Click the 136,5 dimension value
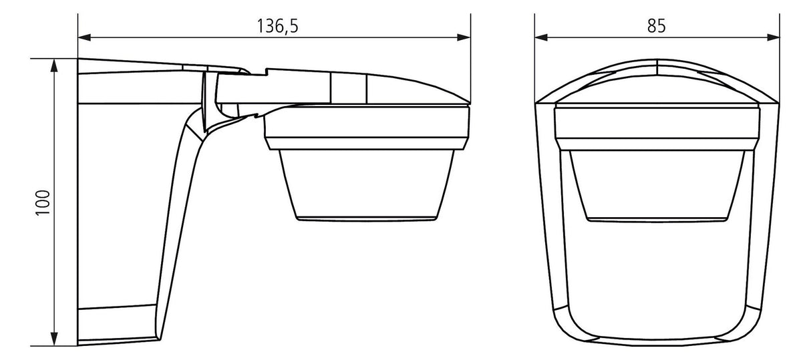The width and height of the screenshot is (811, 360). [x=278, y=27]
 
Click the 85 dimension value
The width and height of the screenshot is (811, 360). [x=657, y=27]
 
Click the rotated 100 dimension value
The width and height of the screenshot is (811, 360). [x=43, y=202]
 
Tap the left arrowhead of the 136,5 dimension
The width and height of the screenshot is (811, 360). [x=84, y=37]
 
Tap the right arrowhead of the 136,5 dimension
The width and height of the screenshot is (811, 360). [x=464, y=37]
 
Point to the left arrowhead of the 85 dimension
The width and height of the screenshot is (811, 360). [x=541, y=37]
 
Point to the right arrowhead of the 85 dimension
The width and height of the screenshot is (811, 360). [x=773, y=37]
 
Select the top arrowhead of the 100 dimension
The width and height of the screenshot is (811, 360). [x=54, y=65]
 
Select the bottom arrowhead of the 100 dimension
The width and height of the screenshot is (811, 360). [x=54, y=339]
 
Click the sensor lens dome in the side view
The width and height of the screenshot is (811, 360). [x=367, y=184]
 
